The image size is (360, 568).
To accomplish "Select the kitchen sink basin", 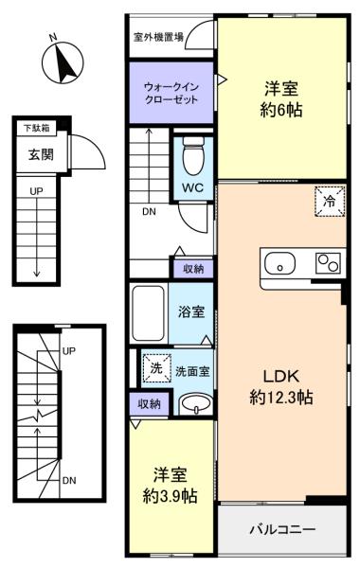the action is pos(279,264).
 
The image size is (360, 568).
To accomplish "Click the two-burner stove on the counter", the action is pos(328,263).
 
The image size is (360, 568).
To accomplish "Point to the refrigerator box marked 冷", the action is pos(330,202).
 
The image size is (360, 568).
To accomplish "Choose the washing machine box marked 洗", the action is pos(156,368).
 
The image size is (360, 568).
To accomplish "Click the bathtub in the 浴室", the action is pos(149,312).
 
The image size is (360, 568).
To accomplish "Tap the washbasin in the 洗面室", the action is pos(196,404).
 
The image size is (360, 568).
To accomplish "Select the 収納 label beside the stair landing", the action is pos(193,269).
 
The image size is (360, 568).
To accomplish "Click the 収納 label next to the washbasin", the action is pos(149,403).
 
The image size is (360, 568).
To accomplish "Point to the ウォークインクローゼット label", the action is pos(171,93).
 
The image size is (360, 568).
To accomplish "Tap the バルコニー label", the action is pos(282,529).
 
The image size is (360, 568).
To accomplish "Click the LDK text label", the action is pos(281,377).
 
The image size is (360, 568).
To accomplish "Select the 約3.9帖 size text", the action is pos(170,496).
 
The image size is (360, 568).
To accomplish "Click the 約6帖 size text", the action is pos(281,110).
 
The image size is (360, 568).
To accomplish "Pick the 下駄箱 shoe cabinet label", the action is pos(37,128).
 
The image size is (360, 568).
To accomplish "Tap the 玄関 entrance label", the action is pos(41,154).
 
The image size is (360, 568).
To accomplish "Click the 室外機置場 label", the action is pos(159,37).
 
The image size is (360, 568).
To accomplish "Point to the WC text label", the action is pos(192,188).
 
